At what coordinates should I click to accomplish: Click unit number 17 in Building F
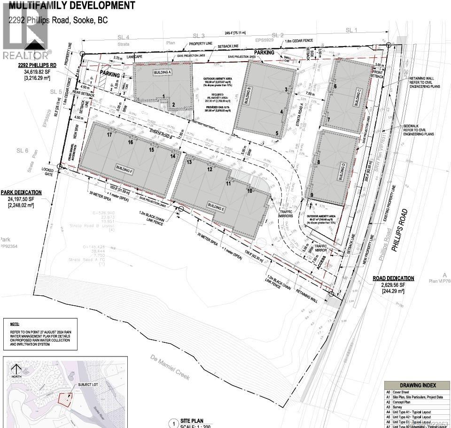109,135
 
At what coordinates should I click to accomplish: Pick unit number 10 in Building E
250,190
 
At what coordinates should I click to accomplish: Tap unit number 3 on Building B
285,89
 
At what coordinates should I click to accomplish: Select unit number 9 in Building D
311,195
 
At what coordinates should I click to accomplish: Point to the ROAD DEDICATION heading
394,278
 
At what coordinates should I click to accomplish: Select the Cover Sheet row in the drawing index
404,392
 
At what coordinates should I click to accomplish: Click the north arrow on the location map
16,369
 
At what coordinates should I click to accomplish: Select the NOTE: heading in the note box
16,324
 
